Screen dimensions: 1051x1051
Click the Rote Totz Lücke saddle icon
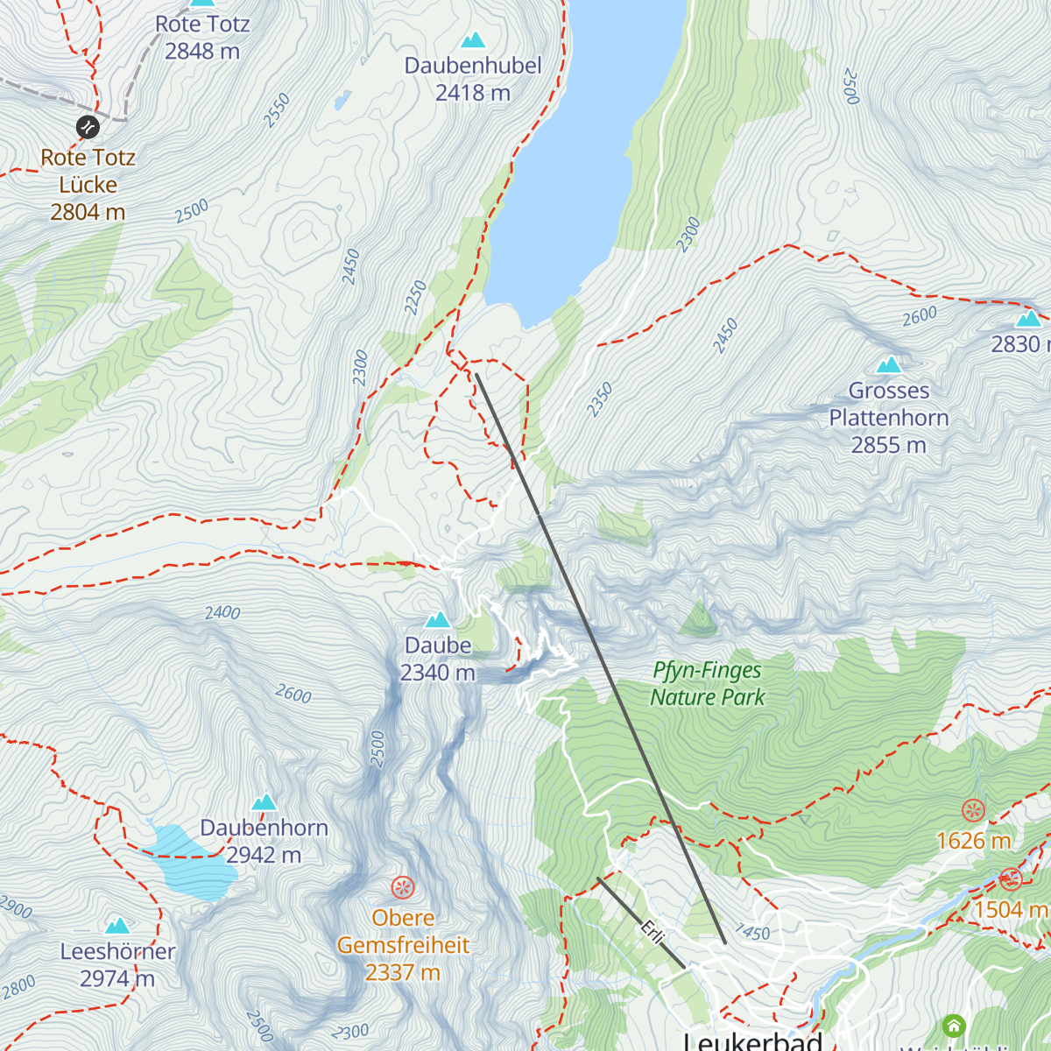(x=88, y=127)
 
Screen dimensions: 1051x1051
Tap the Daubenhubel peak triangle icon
(x=473, y=39)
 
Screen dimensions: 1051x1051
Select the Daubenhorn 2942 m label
(x=264, y=841)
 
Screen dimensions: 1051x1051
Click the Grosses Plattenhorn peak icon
(x=889, y=364)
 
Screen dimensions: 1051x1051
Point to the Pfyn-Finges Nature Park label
(x=708, y=683)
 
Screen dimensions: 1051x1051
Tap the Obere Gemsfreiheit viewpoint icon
(x=403, y=888)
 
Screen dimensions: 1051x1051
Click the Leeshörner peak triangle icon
(x=117, y=926)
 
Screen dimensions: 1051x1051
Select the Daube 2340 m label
(x=438, y=659)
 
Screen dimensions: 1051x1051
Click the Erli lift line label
(x=652, y=932)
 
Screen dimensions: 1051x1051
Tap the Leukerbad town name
(x=753, y=1040)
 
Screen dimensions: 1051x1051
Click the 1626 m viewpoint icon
(x=974, y=810)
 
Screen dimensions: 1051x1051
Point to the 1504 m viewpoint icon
(x=1012, y=878)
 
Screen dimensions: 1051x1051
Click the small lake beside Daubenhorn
(x=186, y=863)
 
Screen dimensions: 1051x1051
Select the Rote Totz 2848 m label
(x=202, y=38)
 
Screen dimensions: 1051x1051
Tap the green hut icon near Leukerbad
(x=954, y=1026)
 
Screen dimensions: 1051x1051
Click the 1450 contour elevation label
(x=752, y=932)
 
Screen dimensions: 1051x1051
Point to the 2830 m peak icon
(x=1028, y=318)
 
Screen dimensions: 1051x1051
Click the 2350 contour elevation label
(x=600, y=399)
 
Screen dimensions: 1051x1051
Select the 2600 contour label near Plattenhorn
(x=920, y=316)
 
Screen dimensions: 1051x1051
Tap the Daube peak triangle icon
(x=437, y=620)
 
